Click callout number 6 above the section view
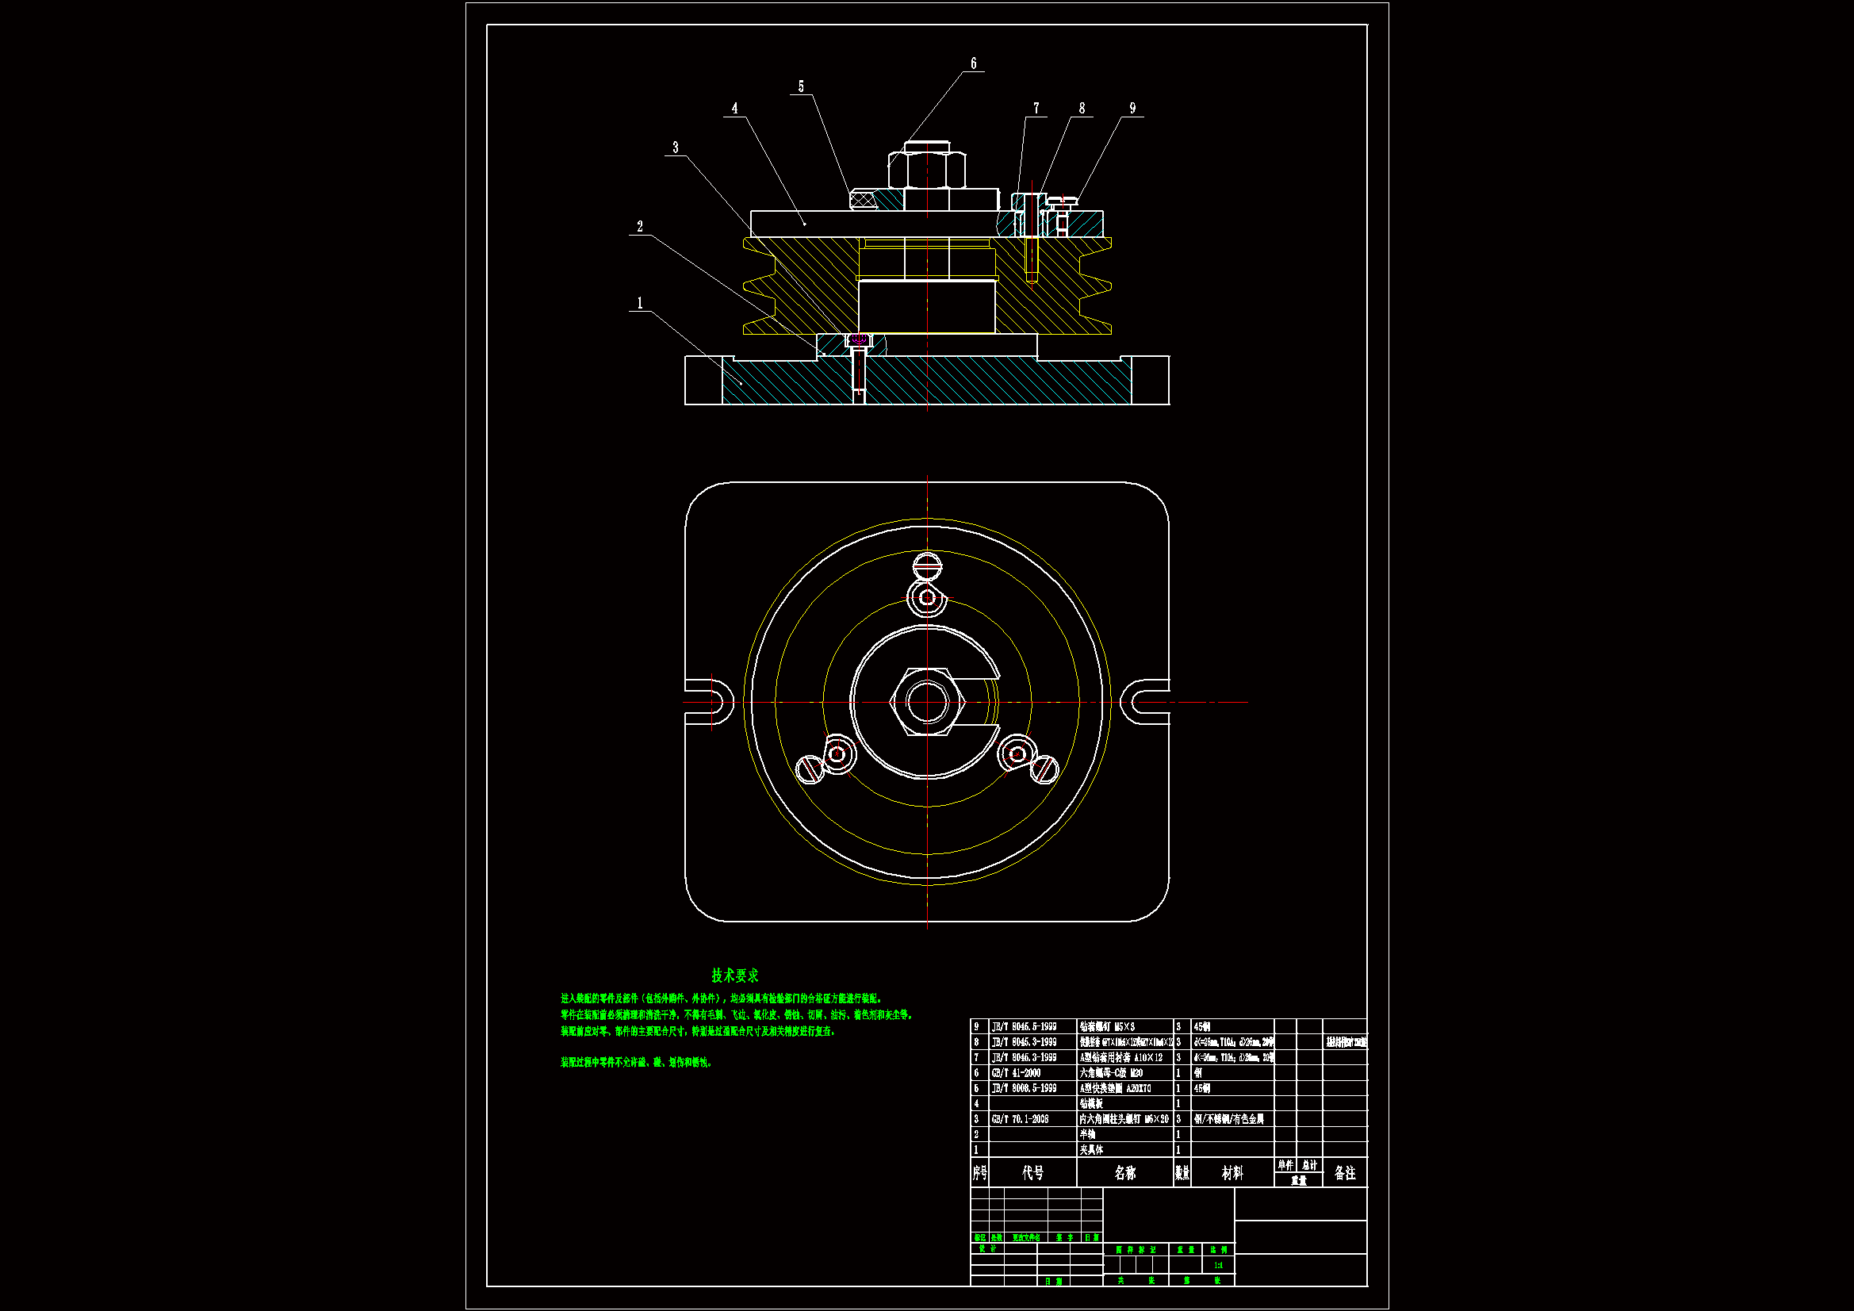[x=973, y=63]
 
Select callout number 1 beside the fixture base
[x=639, y=303]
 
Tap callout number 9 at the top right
[x=1132, y=108]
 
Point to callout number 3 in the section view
[x=676, y=148]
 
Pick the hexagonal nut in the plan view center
[x=927, y=701]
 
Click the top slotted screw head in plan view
[x=927, y=565]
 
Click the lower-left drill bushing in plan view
[x=837, y=754]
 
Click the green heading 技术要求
[x=735, y=976]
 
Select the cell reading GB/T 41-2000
[x=1016, y=1073]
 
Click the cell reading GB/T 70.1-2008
[x=1020, y=1119]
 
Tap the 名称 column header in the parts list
[x=1124, y=1173]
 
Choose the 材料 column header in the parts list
[x=1232, y=1173]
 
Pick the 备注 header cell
[x=1344, y=1173]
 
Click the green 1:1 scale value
[x=1219, y=1266]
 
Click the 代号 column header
[x=1032, y=1173]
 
